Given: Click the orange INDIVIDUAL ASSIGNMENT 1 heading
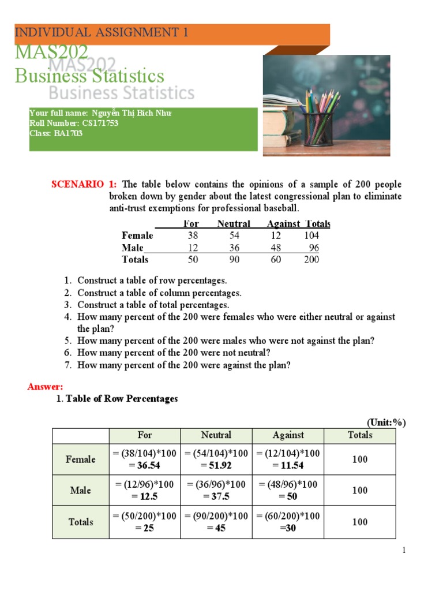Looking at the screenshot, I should pyautogui.click(x=102, y=32).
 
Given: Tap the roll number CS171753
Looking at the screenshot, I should pyautogui.click(x=98, y=124).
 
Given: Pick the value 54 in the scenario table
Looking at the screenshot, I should pyautogui.click(x=234, y=235).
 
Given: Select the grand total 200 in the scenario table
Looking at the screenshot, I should pyautogui.click(x=311, y=260).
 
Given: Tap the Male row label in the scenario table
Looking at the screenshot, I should pyautogui.click(x=133, y=248).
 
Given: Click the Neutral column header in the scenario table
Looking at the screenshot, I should pyautogui.click(x=234, y=224).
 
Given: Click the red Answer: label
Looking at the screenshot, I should pyautogui.click(x=46, y=387).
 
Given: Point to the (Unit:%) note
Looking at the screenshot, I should pyautogui.click(x=386, y=423).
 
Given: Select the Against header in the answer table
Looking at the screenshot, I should pyautogui.click(x=288, y=435).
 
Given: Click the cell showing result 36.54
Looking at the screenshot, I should pyautogui.click(x=145, y=460).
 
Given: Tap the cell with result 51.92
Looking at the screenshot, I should pyautogui.click(x=216, y=460).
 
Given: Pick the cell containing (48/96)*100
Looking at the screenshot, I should pyautogui.click(x=288, y=490).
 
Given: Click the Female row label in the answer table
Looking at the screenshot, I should pyautogui.click(x=81, y=459).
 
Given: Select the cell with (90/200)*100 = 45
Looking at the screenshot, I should pyautogui.click(x=216, y=522).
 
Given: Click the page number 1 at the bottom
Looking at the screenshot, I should pyautogui.click(x=405, y=551).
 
